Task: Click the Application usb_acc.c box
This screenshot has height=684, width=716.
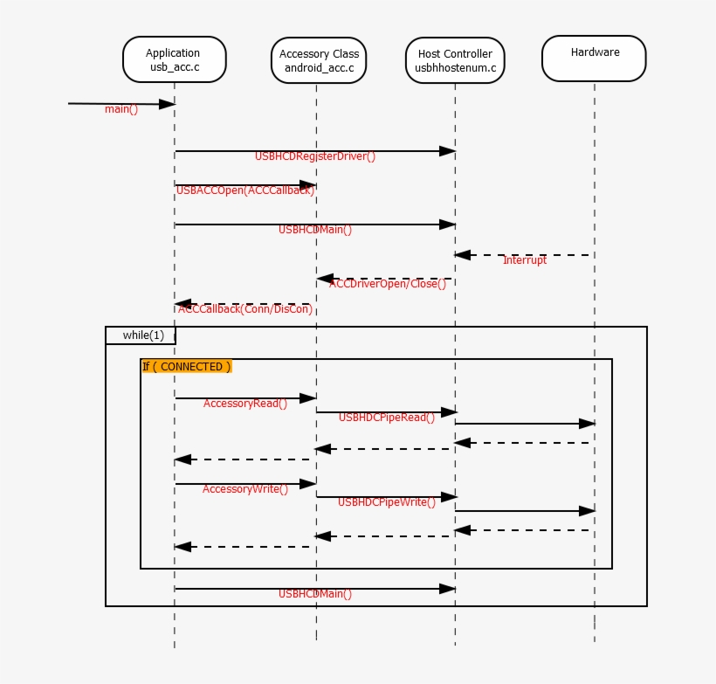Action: coord(174,59)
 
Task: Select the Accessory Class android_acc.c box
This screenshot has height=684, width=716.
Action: coord(316,60)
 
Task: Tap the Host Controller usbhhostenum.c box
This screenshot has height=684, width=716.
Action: coord(454,60)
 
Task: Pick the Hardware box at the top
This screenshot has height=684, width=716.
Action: coord(594,59)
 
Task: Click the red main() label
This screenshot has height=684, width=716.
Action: coord(121,109)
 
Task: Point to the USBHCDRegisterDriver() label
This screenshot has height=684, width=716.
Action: coord(315,156)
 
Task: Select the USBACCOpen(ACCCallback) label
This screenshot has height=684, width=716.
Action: coord(245,190)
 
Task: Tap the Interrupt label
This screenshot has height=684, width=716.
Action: coord(524,260)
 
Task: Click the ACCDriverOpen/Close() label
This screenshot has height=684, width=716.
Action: coord(393,284)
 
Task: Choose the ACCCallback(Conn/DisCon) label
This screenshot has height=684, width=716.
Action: coord(245,309)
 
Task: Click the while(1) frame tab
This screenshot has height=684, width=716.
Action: coord(141,335)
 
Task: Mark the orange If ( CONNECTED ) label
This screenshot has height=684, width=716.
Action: coord(187,367)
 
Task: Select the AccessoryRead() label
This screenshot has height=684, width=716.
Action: coord(245,404)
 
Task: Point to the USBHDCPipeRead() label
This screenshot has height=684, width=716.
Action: coord(386,418)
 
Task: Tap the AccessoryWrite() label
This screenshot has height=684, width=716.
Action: coord(245,489)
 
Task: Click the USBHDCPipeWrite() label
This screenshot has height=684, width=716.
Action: coord(386,502)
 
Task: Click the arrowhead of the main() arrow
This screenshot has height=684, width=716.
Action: coord(168,104)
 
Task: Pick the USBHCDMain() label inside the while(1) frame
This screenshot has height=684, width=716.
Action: coord(315,594)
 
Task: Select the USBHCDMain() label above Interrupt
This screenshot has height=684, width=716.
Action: coord(315,230)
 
